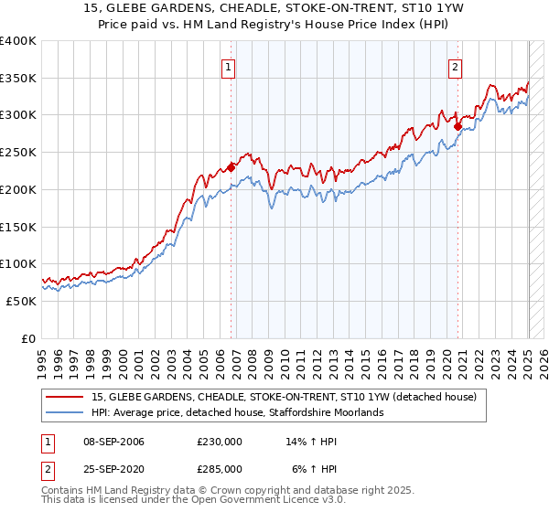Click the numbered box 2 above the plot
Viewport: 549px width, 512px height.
point(455,66)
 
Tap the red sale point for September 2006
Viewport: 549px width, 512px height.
point(231,167)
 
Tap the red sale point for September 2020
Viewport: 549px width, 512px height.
point(458,126)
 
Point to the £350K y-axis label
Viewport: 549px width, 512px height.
point(18,79)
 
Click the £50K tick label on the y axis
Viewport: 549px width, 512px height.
point(22,301)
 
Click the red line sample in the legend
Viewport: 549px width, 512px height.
point(65,398)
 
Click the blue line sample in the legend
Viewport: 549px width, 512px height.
point(65,412)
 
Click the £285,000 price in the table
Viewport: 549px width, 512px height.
point(219,468)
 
